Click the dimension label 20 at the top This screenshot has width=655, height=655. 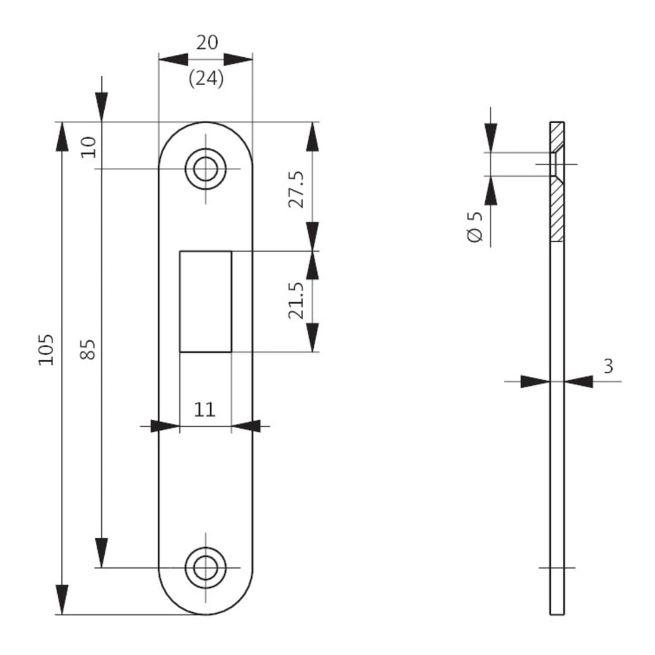pyautogui.click(x=207, y=43)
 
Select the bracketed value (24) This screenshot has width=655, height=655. pyautogui.click(x=206, y=78)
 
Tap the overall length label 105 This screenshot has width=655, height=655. pyautogui.click(x=46, y=350)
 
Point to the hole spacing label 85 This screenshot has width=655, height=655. pyautogui.click(x=88, y=349)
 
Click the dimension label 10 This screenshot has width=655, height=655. pyautogui.click(x=89, y=147)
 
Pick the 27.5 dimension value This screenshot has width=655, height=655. pyautogui.click(x=297, y=189)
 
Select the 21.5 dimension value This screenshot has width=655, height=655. pyautogui.click(x=297, y=301)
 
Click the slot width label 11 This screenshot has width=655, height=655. pyautogui.click(x=205, y=410)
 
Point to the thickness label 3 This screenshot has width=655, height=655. pyautogui.click(x=608, y=366)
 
